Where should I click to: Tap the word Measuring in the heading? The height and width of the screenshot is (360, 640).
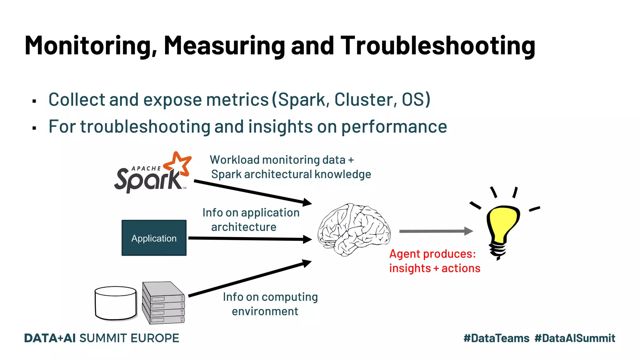224,46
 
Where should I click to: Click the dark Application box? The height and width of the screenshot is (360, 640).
154,238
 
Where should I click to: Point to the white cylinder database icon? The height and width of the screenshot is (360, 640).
116,303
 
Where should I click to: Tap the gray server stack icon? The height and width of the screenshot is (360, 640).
163,302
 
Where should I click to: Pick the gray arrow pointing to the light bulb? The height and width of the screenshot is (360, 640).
436,231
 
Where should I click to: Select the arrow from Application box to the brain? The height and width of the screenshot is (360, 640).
250,239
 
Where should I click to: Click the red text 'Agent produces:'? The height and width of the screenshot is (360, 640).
432,254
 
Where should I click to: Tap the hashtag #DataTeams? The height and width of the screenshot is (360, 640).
496,338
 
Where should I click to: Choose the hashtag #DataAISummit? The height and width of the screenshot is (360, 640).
575,338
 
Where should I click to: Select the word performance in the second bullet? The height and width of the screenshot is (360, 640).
394,127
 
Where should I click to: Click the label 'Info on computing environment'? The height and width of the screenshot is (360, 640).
270,304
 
